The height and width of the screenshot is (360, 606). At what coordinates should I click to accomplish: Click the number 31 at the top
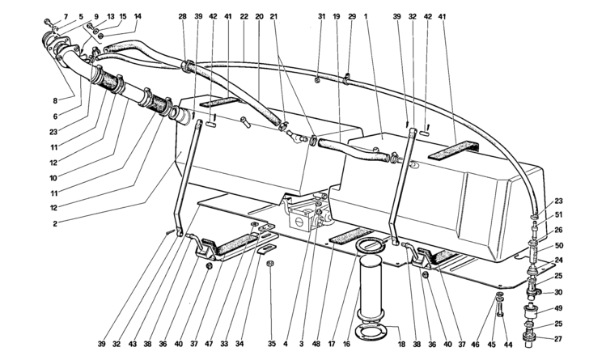pyautogui.click(x=320, y=15)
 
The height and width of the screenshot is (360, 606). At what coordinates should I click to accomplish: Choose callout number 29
pyautogui.click(x=351, y=15)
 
